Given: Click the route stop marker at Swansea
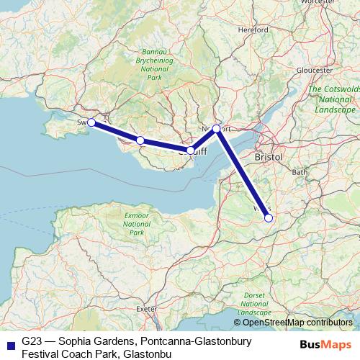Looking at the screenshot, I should (91, 122).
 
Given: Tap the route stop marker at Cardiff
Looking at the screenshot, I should (190, 150).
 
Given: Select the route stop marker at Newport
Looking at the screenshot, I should (216, 129).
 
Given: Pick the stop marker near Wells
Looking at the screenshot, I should (268, 217).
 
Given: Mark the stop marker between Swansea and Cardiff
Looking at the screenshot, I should (140, 140).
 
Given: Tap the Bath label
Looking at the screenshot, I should (300, 172).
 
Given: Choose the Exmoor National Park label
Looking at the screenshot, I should (135, 224).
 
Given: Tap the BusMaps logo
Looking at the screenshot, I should (327, 343).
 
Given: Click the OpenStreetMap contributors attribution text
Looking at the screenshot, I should (298, 323).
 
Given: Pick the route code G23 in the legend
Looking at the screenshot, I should (31, 340).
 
